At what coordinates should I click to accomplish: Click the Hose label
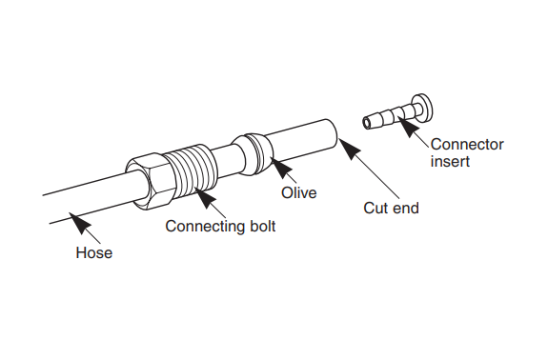point(94,252)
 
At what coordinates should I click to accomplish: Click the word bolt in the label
point(263,226)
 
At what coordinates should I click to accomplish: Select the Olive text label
point(299,192)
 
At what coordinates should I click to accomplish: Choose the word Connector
point(467,145)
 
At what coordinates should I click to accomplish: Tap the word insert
point(450,161)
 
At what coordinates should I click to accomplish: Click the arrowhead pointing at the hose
point(80,223)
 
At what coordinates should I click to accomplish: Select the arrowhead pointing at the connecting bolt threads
point(205,197)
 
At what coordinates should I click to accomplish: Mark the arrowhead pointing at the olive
point(281,168)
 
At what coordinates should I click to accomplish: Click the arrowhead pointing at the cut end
point(350,149)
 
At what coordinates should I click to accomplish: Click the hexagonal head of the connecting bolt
point(150,182)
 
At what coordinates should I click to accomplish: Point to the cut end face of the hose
point(332,133)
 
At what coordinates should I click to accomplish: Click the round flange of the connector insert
point(422,106)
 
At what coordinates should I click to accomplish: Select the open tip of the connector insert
point(366,123)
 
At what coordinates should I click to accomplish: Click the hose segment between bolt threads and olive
point(226,159)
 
